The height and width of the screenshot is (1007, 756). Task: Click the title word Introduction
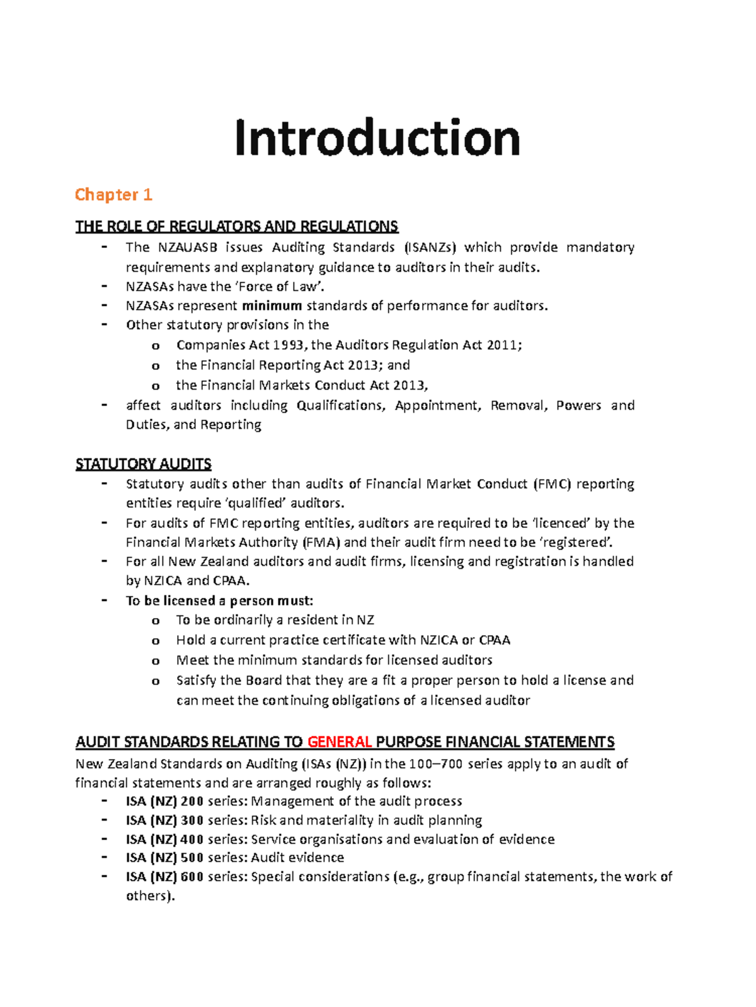pos(377,138)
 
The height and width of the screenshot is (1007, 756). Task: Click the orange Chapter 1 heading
pos(113,194)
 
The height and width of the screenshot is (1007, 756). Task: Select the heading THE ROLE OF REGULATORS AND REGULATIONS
pos(236,227)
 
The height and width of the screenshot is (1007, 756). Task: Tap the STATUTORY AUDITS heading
pos(143,464)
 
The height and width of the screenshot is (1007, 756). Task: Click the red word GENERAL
pos(340,742)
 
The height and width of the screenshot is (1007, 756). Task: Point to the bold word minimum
pos(272,306)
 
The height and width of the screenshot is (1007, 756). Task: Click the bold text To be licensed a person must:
pos(219,600)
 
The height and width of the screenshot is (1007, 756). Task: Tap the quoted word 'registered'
pos(575,543)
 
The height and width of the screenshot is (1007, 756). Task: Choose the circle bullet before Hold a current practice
pos(156,641)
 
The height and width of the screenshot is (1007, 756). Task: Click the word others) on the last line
pos(149,896)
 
